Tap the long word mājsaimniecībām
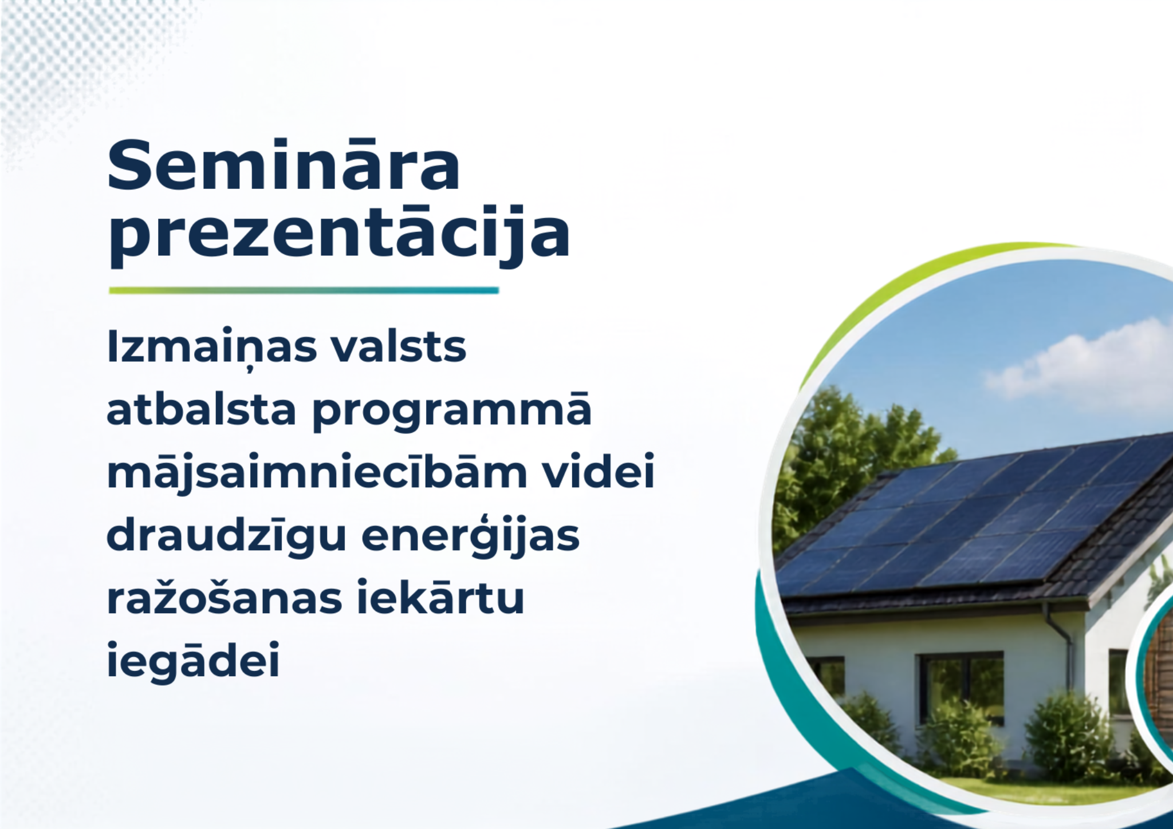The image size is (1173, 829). point(317,473)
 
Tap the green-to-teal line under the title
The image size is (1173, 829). point(304,290)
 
